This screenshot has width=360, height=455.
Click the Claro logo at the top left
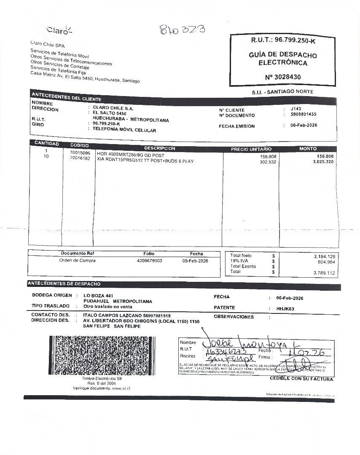(59, 30)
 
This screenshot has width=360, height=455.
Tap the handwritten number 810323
(182, 29)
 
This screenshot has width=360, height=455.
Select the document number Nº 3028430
(283, 77)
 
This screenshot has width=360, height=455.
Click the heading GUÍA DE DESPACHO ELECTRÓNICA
(283, 59)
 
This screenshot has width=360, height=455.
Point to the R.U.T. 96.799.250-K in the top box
(283, 40)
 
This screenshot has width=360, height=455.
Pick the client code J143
(296, 109)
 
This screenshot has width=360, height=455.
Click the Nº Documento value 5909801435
(304, 114)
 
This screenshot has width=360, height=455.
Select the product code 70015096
(80, 153)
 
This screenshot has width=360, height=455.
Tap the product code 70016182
(80, 158)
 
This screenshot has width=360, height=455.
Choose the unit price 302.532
(268, 162)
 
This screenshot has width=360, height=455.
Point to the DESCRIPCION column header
(159, 148)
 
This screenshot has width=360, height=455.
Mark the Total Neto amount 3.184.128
(324, 257)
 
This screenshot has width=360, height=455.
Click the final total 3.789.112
(324, 273)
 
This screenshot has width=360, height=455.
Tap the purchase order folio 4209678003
(150, 261)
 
